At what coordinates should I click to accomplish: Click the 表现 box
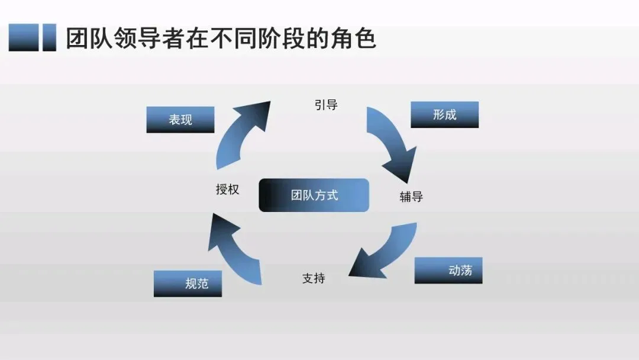pos(180,120)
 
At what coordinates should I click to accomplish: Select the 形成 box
pos(444,115)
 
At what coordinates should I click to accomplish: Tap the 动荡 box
pos(448,271)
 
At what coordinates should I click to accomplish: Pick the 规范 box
pos(188,284)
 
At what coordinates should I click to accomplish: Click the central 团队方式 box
pos(314,195)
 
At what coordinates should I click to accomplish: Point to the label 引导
pos(326,105)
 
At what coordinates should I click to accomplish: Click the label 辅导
pos(411,197)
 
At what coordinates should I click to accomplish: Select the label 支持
pos(314,278)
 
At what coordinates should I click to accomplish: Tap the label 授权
pos(227,189)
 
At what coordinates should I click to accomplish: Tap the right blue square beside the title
pos(50,38)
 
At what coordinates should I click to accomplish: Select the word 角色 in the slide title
pos(359,38)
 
